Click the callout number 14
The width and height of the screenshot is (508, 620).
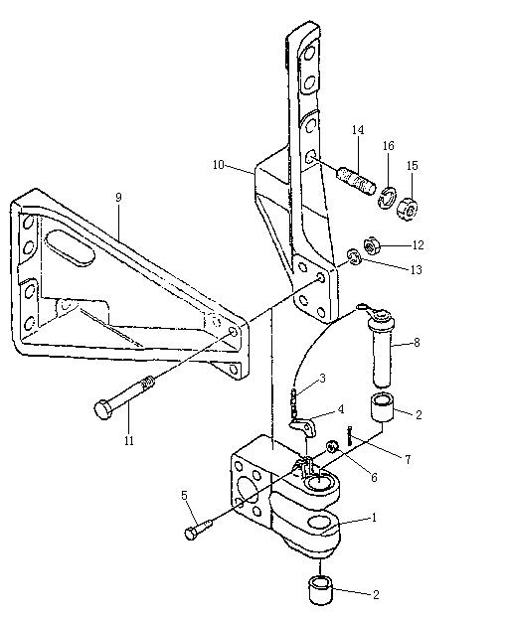coord(358,130)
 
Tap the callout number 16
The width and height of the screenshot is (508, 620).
coord(388,146)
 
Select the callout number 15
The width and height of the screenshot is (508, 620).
coord(412,166)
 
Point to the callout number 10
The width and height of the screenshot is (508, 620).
coord(219,165)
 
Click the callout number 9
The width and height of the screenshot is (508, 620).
coord(118,198)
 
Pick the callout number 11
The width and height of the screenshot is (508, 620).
coord(129,440)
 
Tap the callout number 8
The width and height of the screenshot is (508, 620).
coord(417,343)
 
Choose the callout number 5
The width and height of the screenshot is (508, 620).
coord(184,496)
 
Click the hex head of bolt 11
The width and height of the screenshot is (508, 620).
coord(103,409)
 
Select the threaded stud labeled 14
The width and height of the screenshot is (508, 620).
coord(356,181)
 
